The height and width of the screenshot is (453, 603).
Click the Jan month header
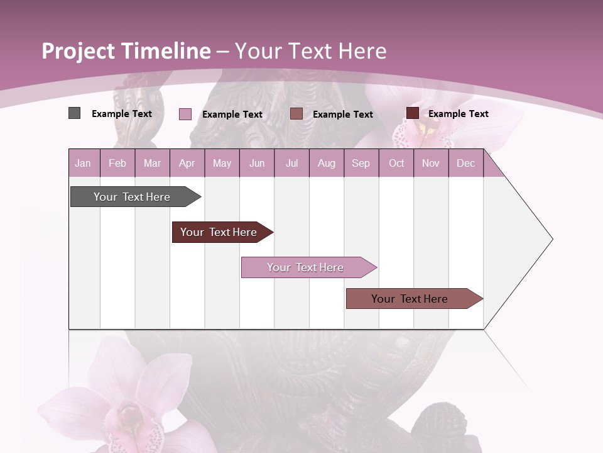point(84,163)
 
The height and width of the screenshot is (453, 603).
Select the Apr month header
point(187,163)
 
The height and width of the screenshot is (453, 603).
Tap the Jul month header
point(291,163)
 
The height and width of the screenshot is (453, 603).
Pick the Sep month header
point(361,163)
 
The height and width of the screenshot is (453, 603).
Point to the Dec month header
point(465,163)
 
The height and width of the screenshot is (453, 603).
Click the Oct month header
point(396,163)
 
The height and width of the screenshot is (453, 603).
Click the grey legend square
point(75,113)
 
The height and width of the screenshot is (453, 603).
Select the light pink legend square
point(185,114)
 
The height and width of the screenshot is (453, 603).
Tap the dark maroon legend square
point(413,113)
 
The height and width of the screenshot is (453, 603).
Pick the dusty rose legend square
point(296,114)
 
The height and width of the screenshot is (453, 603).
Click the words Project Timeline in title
point(126,50)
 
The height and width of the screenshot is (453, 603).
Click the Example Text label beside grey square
point(122,114)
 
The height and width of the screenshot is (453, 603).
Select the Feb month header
point(117,163)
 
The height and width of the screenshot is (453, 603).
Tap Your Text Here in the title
point(311,50)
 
